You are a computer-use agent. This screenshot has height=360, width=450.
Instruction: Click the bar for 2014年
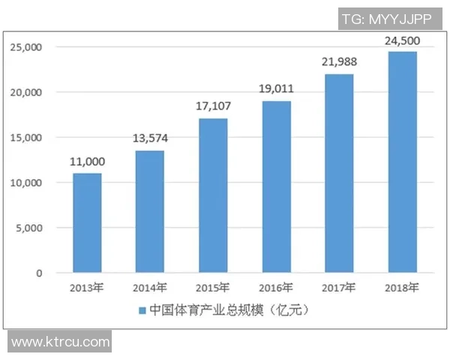[149, 211]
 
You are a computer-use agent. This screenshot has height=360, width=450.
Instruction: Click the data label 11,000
[87, 161]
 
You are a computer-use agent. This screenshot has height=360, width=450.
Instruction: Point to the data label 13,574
[150, 138]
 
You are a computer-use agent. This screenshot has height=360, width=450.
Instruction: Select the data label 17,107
[213, 106]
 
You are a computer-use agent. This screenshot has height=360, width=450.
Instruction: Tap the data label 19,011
[277, 88]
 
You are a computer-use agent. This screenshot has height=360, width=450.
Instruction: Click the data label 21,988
[340, 61]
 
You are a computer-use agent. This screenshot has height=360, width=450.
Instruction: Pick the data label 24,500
[403, 39]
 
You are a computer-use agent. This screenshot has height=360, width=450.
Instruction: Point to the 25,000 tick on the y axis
[27, 47]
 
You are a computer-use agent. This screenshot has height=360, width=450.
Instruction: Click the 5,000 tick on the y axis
[30, 228]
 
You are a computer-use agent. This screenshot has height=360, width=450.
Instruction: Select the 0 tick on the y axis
[40, 273]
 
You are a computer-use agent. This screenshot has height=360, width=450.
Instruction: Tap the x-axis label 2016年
[276, 287]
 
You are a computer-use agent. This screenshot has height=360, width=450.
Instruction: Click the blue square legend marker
[142, 310]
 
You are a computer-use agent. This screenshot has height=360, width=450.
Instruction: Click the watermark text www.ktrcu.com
[61, 342]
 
